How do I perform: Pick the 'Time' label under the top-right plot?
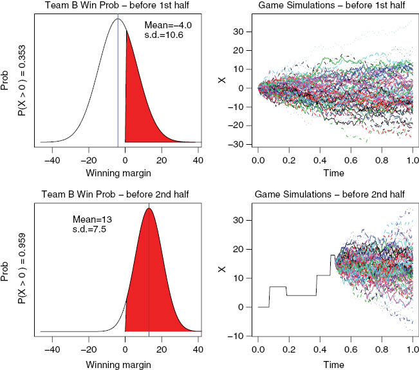pos(334,173)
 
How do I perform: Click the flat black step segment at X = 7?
pos(277,286)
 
